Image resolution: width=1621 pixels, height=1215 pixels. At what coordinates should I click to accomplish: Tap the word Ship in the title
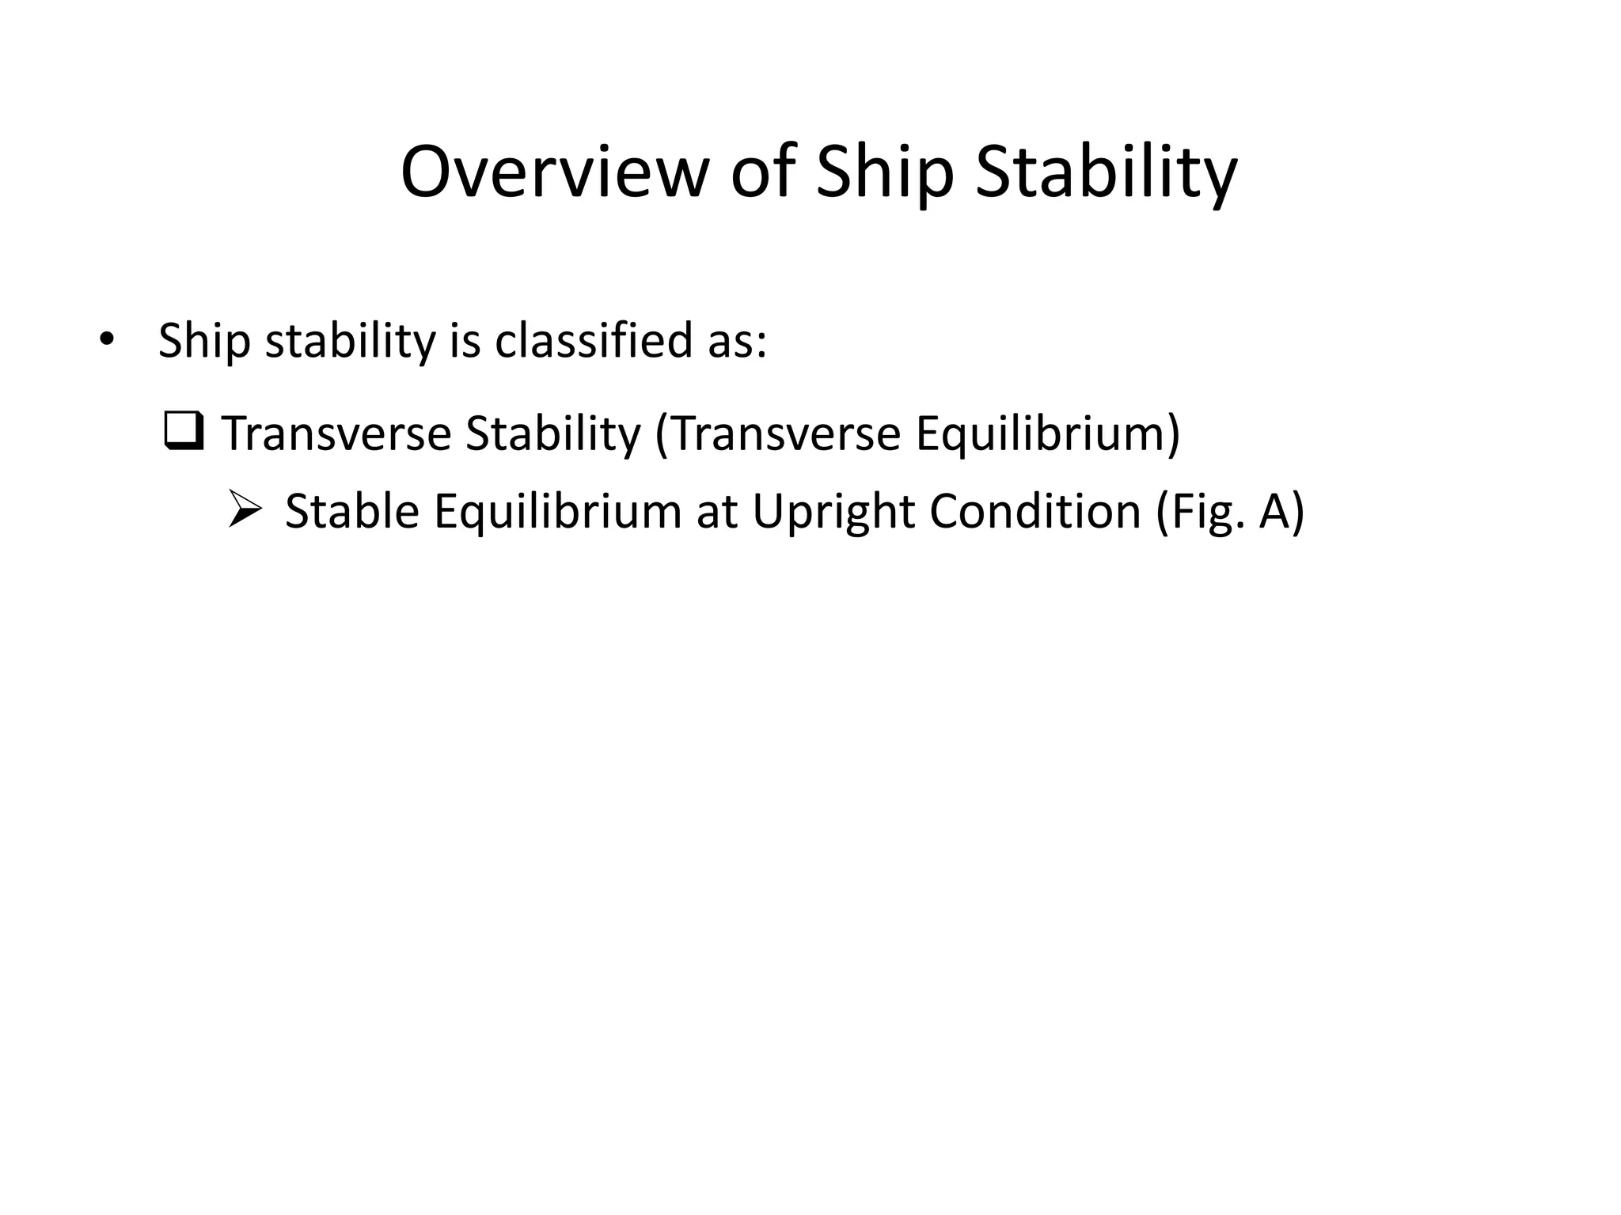[x=884, y=172]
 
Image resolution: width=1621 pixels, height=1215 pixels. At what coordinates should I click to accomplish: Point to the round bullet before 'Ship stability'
[x=107, y=341]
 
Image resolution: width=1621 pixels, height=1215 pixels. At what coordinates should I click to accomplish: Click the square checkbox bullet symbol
[x=184, y=431]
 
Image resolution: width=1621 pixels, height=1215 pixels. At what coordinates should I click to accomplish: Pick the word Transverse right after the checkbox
[x=336, y=433]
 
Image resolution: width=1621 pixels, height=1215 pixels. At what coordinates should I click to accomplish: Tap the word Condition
[x=1035, y=511]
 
